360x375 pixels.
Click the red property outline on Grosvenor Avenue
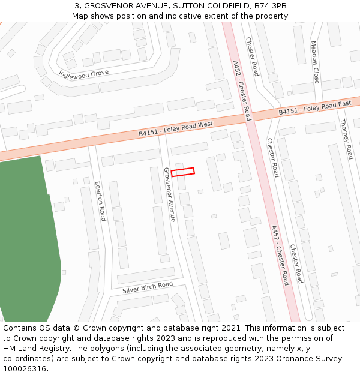183,172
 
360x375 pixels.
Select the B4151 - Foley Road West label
176,128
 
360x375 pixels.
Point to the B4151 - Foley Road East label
314,109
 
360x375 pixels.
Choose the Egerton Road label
101,197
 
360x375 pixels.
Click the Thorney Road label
347,139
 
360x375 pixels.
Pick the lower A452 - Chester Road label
280,255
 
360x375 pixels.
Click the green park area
27,240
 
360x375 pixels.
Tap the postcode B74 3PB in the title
271,6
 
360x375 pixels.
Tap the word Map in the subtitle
81,16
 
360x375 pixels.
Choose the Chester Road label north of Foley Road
251,56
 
